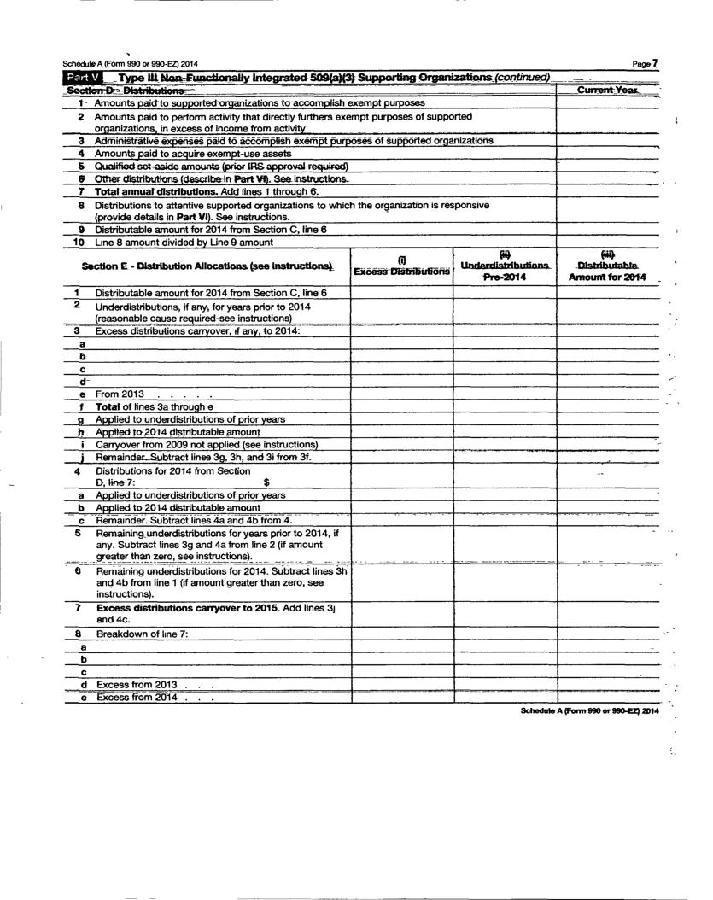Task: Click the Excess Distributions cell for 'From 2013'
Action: (401, 394)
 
